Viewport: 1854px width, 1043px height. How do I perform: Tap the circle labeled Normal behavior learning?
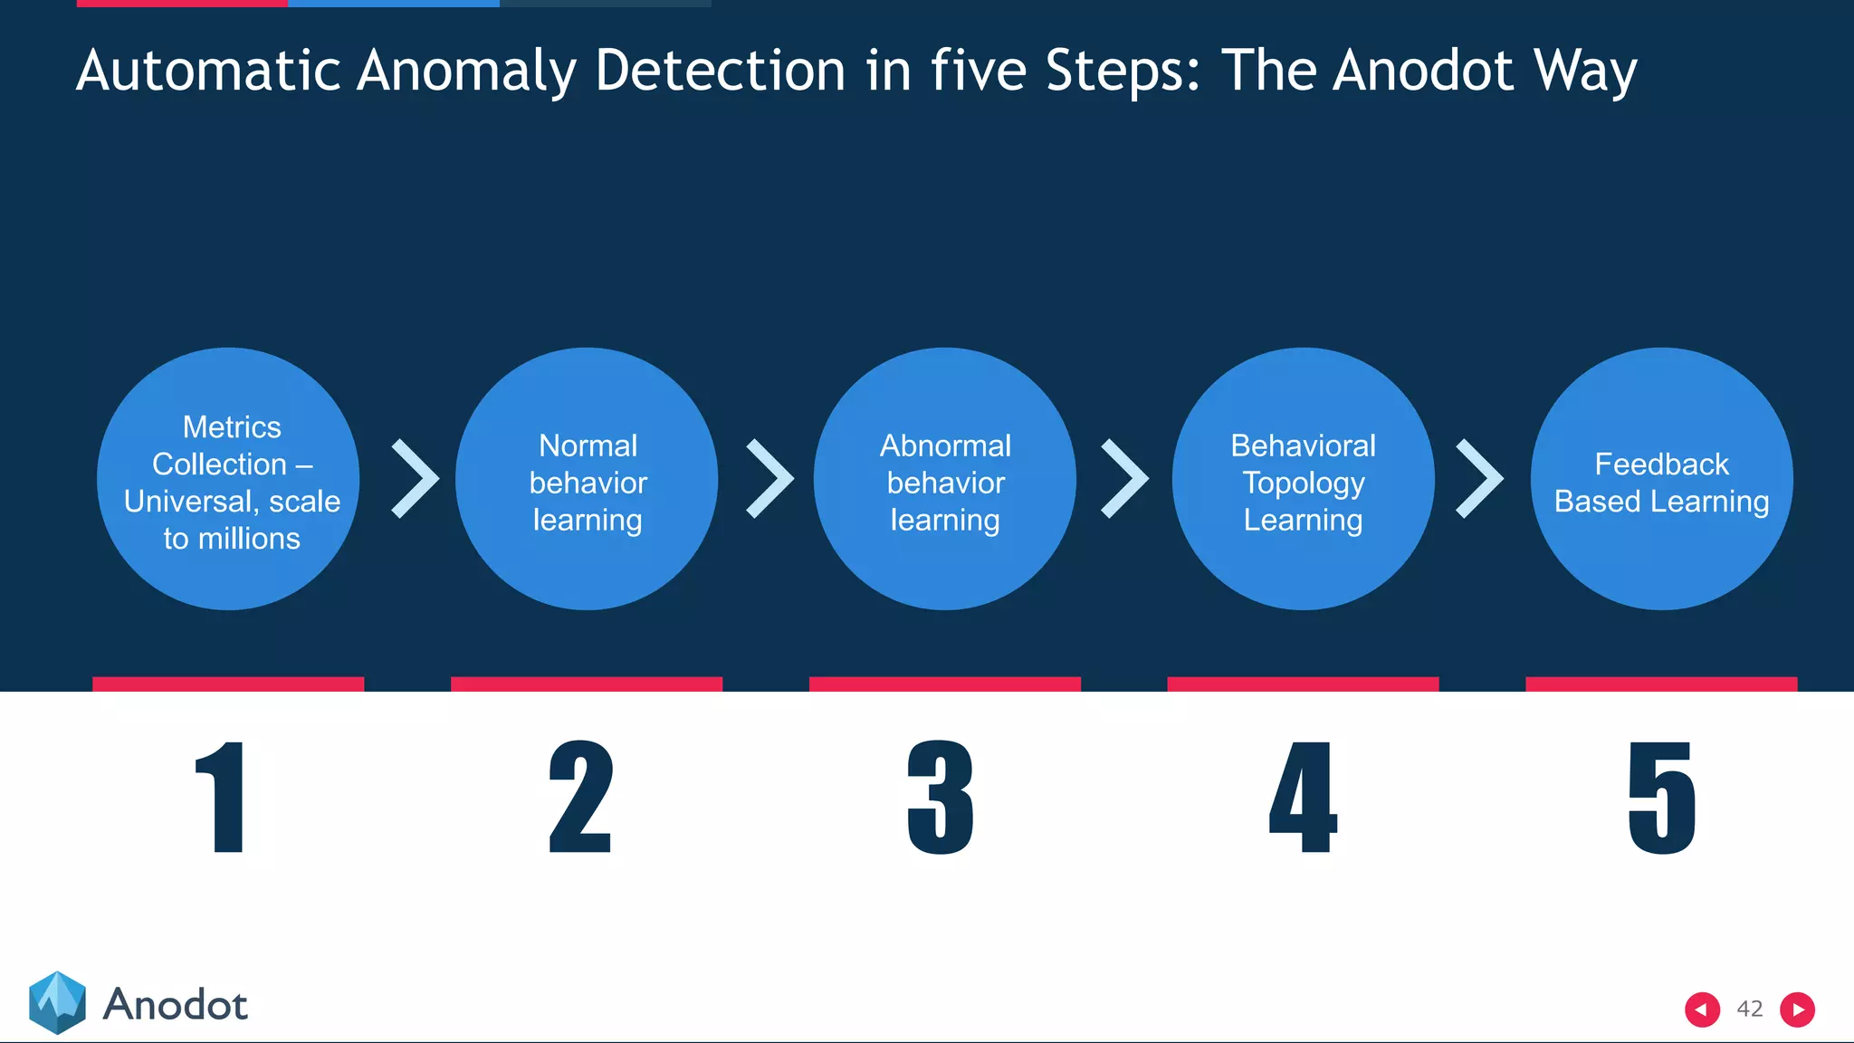(x=587, y=479)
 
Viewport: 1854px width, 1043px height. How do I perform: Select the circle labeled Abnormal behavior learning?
(x=944, y=479)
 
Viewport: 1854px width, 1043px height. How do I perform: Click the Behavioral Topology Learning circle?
(x=1303, y=479)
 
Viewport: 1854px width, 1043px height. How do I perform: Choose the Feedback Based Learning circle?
(x=1661, y=479)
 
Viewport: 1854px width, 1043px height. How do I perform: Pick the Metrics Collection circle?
(x=228, y=479)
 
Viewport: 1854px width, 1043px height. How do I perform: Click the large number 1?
(x=223, y=797)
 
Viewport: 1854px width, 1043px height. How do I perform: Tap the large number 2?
(x=581, y=797)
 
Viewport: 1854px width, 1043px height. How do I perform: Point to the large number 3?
(x=941, y=797)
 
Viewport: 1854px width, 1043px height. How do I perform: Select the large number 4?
(x=1303, y=797)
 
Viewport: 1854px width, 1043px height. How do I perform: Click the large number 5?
(x=1661, y=797)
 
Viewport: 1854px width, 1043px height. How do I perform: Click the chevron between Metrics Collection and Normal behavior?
(x=415, y=479)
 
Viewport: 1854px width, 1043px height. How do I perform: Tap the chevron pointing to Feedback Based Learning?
(x=1479, y=479)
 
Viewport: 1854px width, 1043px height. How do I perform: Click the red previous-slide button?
(x=1702, y=1010)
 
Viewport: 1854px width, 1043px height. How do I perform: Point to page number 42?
(x=1750, y=1010)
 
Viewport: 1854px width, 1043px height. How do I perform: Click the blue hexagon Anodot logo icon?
(x=57, y=1002)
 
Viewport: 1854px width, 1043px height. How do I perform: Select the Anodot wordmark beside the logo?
(x=176, y=1005)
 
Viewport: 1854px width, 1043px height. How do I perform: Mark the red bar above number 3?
(x=944, y=684)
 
